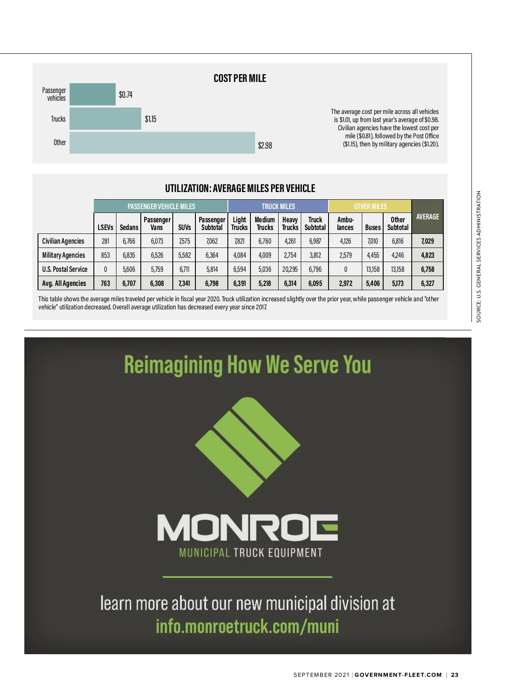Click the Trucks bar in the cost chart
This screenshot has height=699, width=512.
[105, 119]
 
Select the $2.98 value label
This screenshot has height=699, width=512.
[265, 146]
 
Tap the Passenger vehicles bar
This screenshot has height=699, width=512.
[93, 94]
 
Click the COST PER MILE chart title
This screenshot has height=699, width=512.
[240, 79]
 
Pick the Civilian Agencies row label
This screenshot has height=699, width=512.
[63, 241]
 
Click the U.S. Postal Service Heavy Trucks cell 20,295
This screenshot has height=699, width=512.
[290, 269]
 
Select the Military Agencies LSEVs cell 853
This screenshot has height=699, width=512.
[105, 255]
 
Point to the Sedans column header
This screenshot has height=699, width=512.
[129, 227]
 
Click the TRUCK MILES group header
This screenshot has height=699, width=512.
[278, 207]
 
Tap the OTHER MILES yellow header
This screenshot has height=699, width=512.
[370, 207]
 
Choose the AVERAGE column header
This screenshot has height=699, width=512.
[428, 217]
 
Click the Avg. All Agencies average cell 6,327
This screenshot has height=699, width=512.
[428, 283]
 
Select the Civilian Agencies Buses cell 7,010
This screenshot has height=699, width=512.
[372, 241]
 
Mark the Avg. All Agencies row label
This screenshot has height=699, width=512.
[64, 283]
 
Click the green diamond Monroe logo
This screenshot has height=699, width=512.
[247, 447]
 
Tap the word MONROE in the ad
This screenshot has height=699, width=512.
[247, 528]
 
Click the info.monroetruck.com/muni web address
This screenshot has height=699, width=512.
[247, 626]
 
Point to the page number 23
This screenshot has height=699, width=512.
[455, 675]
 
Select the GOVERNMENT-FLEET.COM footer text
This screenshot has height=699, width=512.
[398, 675]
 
